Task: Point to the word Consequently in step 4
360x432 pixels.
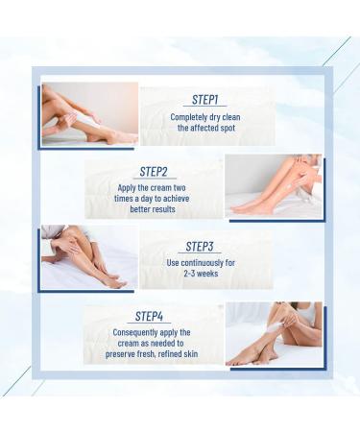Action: tap(140, 333)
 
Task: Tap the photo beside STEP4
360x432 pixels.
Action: tap(274, 333)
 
